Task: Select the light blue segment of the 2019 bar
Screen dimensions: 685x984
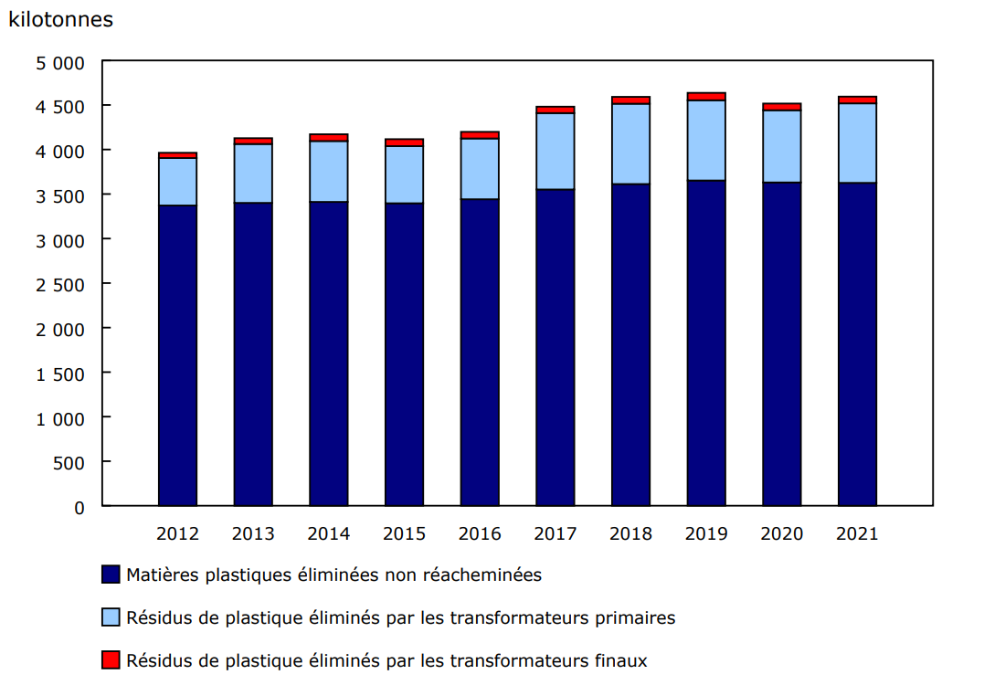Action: (706, 140)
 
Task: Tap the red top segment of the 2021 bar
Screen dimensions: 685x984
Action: (857, 100)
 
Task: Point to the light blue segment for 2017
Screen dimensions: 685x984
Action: (555, 151)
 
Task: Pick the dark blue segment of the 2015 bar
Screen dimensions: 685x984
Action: (404, 353)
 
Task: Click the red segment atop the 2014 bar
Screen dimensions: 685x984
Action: (328, 137)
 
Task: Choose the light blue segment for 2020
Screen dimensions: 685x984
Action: (782, 146)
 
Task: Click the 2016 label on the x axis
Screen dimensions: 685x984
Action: (480, 534)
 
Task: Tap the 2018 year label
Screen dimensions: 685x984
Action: (631, 534)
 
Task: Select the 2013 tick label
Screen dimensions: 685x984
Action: (253, 534)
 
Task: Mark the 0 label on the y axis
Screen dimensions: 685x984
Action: (79, 507)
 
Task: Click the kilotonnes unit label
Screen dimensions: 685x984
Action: (61, 19)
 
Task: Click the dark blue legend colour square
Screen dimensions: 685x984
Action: (111, 575)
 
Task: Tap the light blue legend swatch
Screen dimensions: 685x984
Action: (111, 618)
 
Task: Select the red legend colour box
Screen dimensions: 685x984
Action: (111, 660)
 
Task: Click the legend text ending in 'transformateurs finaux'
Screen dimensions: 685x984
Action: (386, 660)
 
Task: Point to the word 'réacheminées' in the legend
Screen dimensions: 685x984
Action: (489, 575)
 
